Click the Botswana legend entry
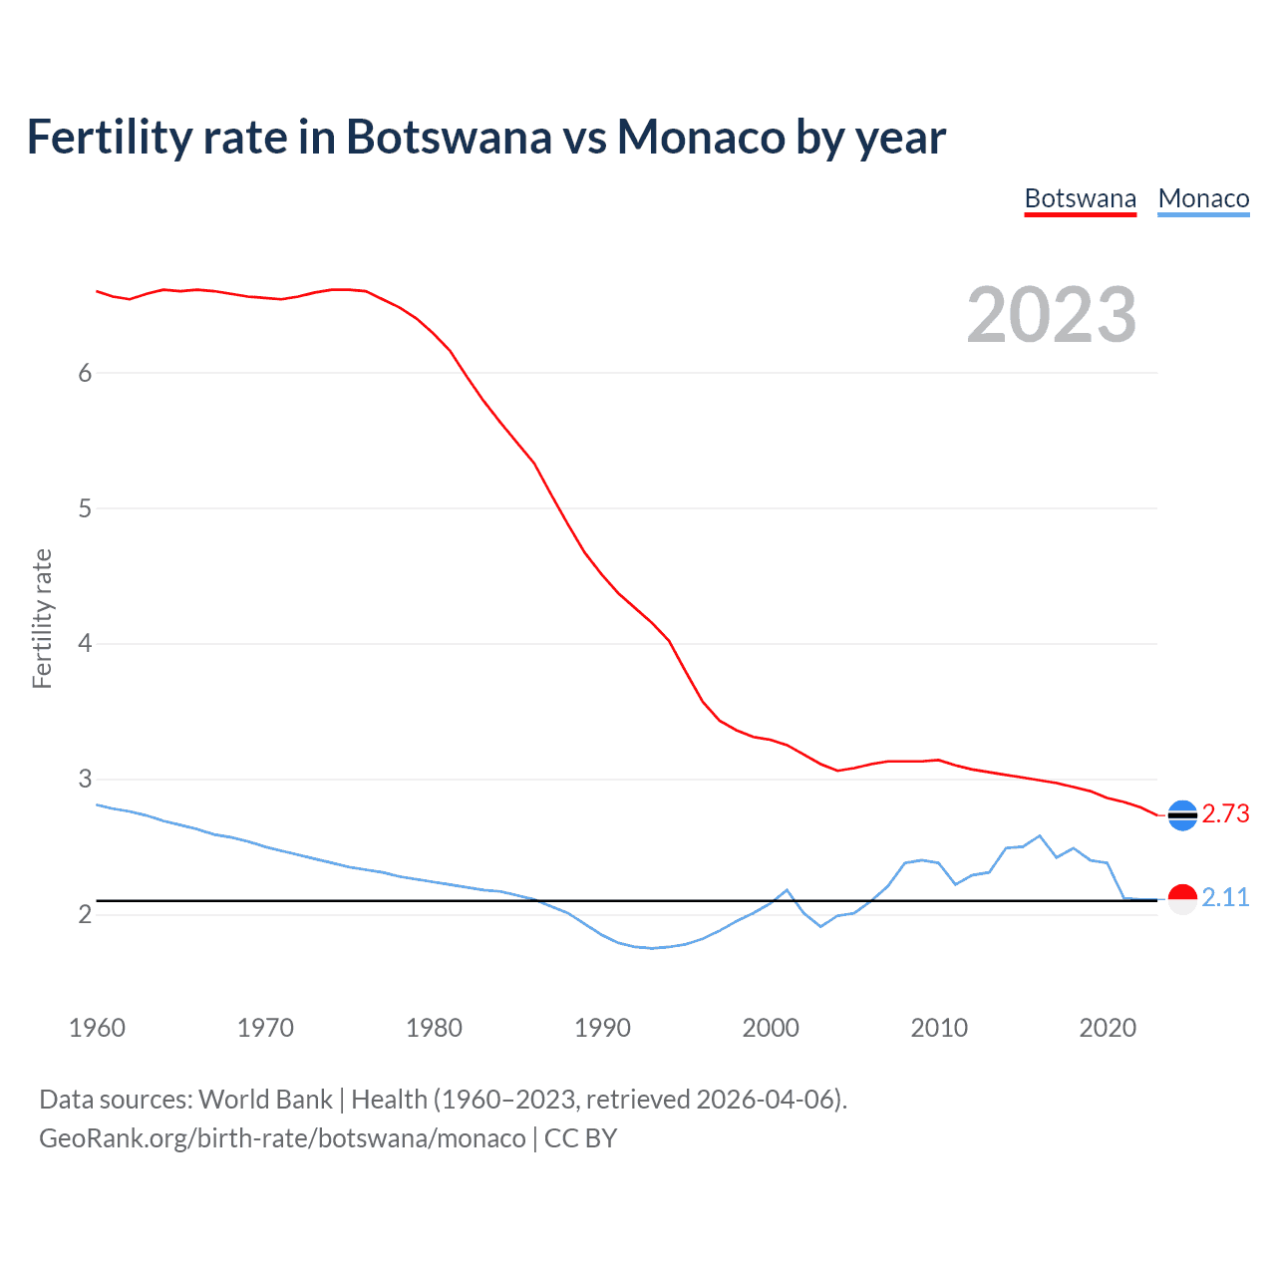1081,198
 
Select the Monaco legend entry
1203,198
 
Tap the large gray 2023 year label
1052,315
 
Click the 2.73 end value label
1225,813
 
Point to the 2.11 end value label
1225,897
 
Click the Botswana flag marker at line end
1182,815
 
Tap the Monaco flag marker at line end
1182,899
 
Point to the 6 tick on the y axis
85,373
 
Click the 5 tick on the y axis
85,508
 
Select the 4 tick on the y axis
85,644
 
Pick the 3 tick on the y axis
85,779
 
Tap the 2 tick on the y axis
85,914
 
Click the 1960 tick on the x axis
97,1028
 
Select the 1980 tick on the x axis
434,1028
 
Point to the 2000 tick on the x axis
771,1028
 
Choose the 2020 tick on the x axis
1108,1028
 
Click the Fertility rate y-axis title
42,618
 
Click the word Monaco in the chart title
701,137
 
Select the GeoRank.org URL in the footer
282,1138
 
